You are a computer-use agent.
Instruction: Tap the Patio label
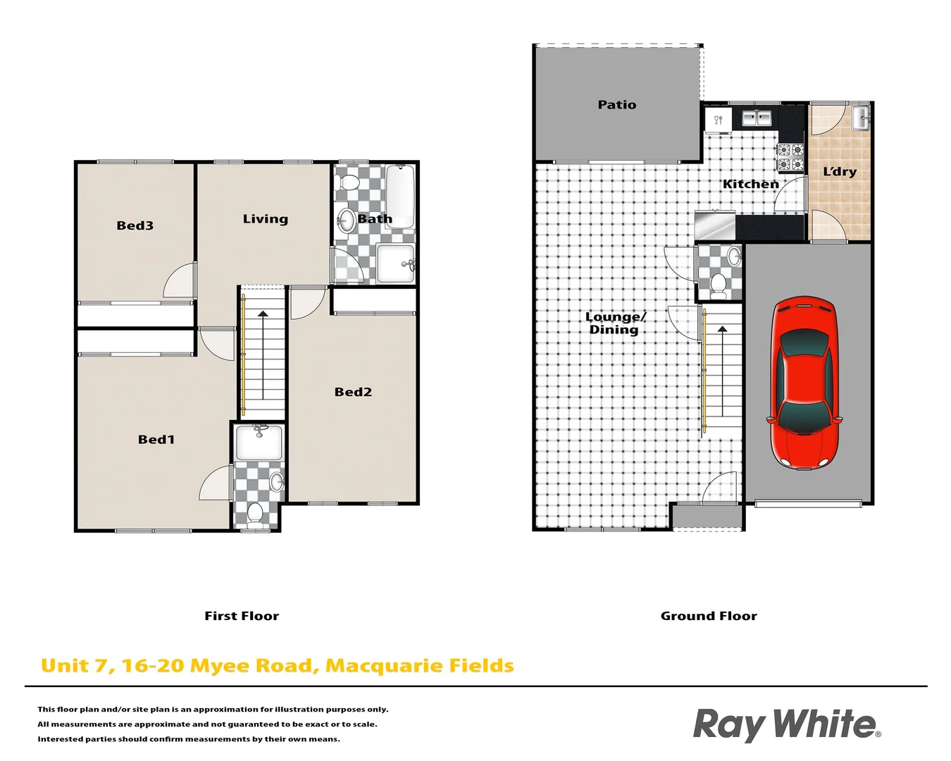pyautogui.click(x=616, y=105)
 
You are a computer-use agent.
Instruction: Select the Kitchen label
pyautogui.click(x=750, y=184)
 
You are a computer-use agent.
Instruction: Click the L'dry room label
pyautogui.click(x=840, y=171)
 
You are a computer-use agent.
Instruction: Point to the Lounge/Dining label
pyautogui.click(x=615, y=323)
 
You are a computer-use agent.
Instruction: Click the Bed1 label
pyautogui.click(x=156, y=440)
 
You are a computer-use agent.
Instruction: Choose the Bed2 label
pyautogui.click(x=353, y=392)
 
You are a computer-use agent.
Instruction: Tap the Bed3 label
pyautogui.click(x=135, y=225)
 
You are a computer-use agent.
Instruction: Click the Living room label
pyautogui.click(x=266, y=219)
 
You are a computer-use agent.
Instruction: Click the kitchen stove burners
pyautogui.click(x=790, y=157)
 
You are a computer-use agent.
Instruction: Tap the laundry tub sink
pyautogui.click(x=860, y=118)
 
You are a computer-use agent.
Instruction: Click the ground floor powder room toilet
pyautogui.click(x=719, y=284)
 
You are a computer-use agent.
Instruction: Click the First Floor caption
pyautogui.click(x=242, y=616)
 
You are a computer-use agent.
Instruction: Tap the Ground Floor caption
pyautogui.click(x=709, y=616)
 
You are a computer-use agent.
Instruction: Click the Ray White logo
pyautogui.click(x=786, y=725)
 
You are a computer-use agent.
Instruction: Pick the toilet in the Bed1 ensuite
pyautogui.click(x=255, y=514)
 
